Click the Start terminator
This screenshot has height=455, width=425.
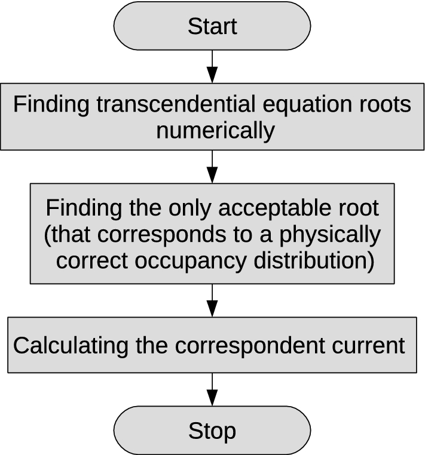(x=212, y=26)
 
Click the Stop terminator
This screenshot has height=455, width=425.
(x=212, y=430)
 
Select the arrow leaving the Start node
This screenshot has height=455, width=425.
(x=212, y=66)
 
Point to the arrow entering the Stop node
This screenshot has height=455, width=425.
(x=212, y=389)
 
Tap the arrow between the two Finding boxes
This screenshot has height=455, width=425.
(x=212, y=166)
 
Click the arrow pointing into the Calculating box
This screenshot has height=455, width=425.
(x=212, y=300)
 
